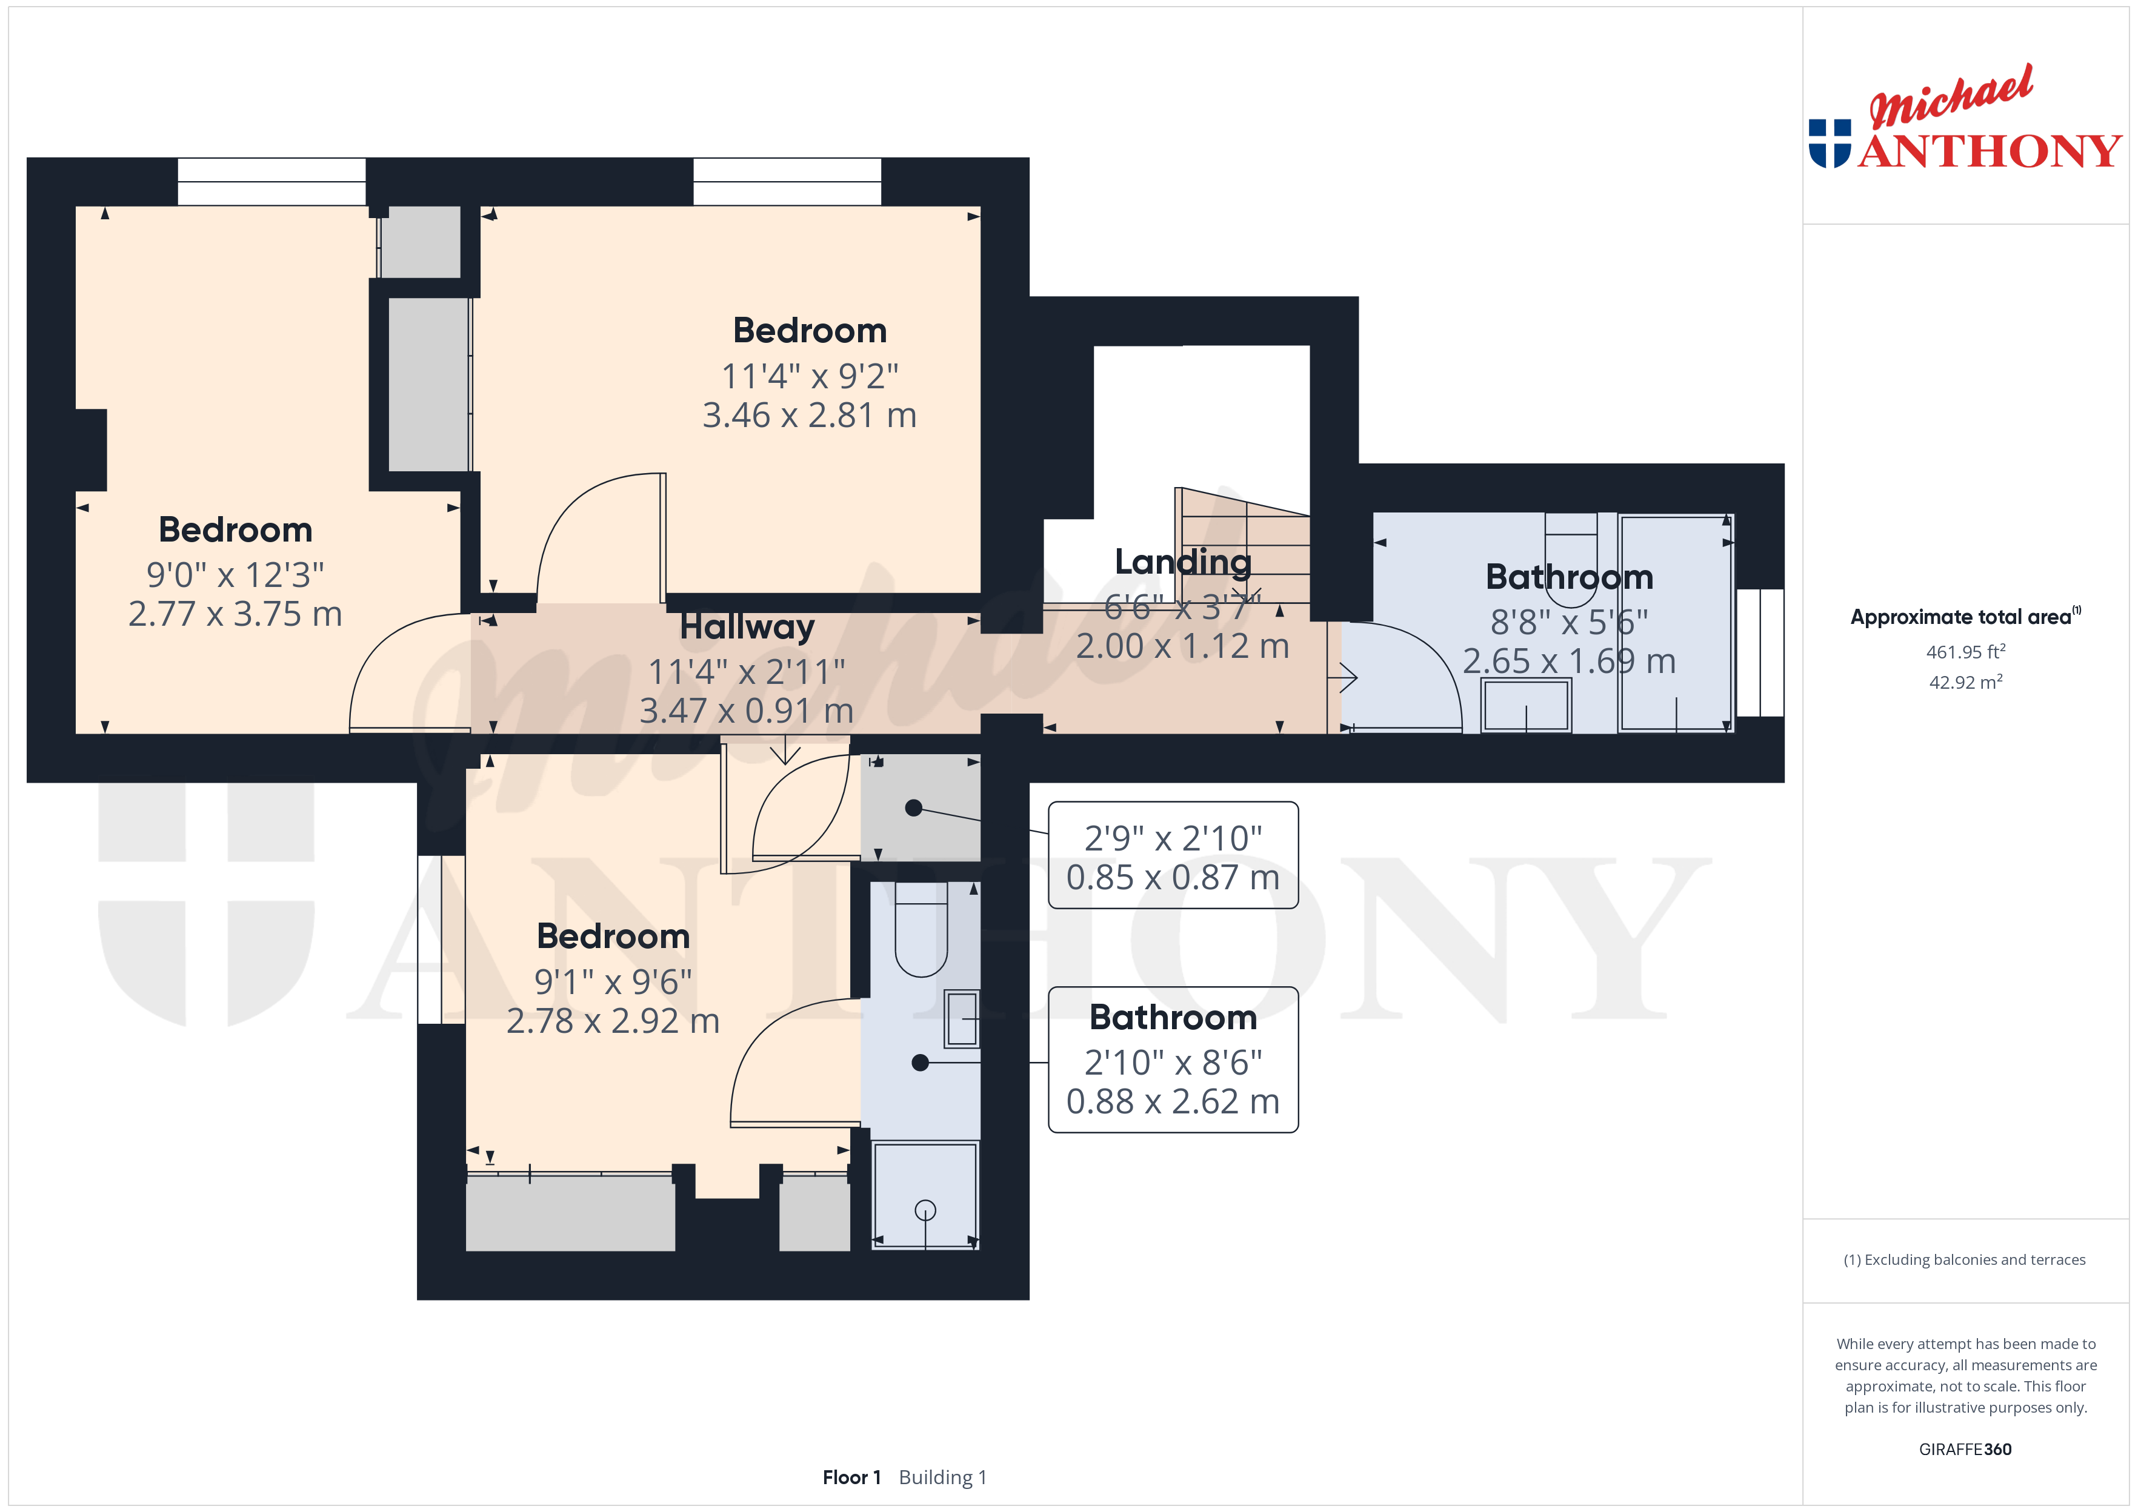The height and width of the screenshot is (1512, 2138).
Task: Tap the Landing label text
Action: [1182, 562]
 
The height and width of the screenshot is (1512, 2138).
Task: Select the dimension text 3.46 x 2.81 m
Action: [809, 415]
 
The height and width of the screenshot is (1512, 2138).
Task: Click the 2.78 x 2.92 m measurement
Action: [613, 1021]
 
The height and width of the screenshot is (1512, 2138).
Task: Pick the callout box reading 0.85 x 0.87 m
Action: [1173, 855]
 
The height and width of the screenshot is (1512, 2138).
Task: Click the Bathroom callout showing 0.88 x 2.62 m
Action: [1173, 1059]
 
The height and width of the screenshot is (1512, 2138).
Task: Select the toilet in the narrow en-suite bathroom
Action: [921, 929]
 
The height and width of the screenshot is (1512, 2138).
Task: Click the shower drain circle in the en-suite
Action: [925, 1210]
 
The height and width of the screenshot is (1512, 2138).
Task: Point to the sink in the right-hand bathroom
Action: [1526, 706]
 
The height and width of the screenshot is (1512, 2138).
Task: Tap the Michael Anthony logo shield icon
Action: [1830, 144]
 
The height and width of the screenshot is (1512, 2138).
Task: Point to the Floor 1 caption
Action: [851, 1477]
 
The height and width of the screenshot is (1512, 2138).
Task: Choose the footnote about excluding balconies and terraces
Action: [1965, 1259]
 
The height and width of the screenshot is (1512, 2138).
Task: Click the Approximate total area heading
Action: [1965, 616]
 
